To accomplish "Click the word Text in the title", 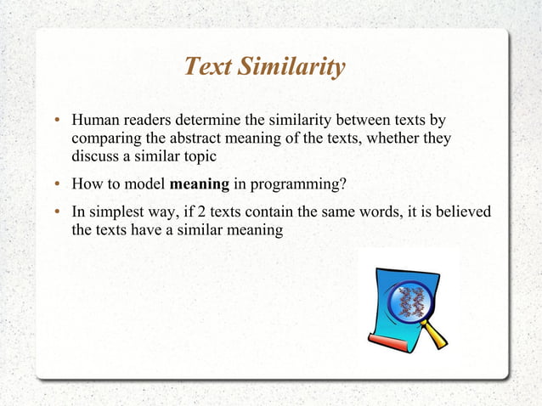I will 205,66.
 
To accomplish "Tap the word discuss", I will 94,156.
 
